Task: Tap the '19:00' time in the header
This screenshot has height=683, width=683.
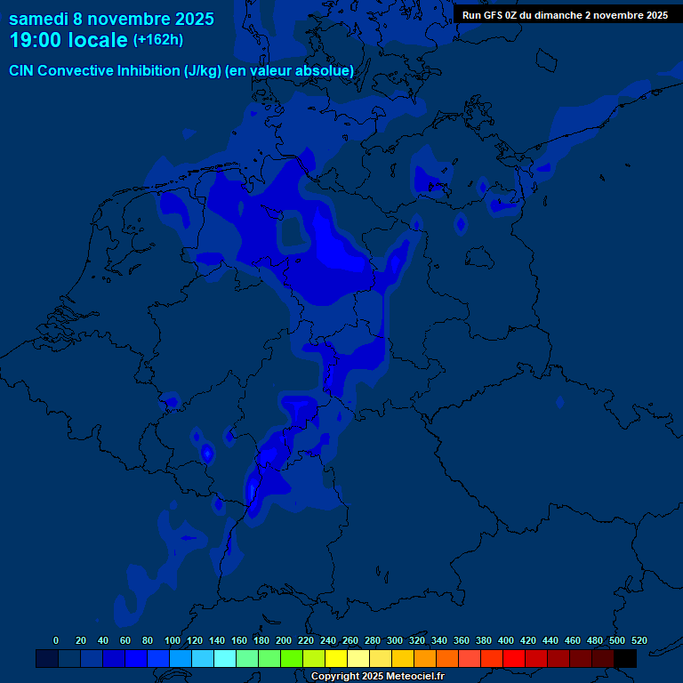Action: [39, 40]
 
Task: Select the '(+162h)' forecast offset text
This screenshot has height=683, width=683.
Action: [158, 40]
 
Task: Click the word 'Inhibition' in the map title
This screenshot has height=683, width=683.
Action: [147, 70]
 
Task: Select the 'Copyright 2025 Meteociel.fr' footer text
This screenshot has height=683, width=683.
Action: [377, 677]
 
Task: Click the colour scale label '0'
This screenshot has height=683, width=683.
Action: [56, 640]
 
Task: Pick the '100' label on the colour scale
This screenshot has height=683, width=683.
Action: [173, 640]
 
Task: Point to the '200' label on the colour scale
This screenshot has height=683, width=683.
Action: [284, 640]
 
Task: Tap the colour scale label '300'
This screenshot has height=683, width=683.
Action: [395, 640]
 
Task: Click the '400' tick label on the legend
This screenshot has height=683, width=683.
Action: [506, 640]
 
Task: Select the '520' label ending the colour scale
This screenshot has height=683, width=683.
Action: [639, 640]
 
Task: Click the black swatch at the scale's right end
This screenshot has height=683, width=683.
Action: [625, 658]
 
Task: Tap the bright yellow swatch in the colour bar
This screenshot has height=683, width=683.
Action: [336, 658]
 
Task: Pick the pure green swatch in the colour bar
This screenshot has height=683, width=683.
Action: [292, 658]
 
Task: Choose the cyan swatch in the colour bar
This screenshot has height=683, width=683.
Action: [225, 658]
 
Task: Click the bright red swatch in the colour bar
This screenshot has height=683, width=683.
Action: [514, 658]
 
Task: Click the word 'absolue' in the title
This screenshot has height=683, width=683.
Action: [326, 70]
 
